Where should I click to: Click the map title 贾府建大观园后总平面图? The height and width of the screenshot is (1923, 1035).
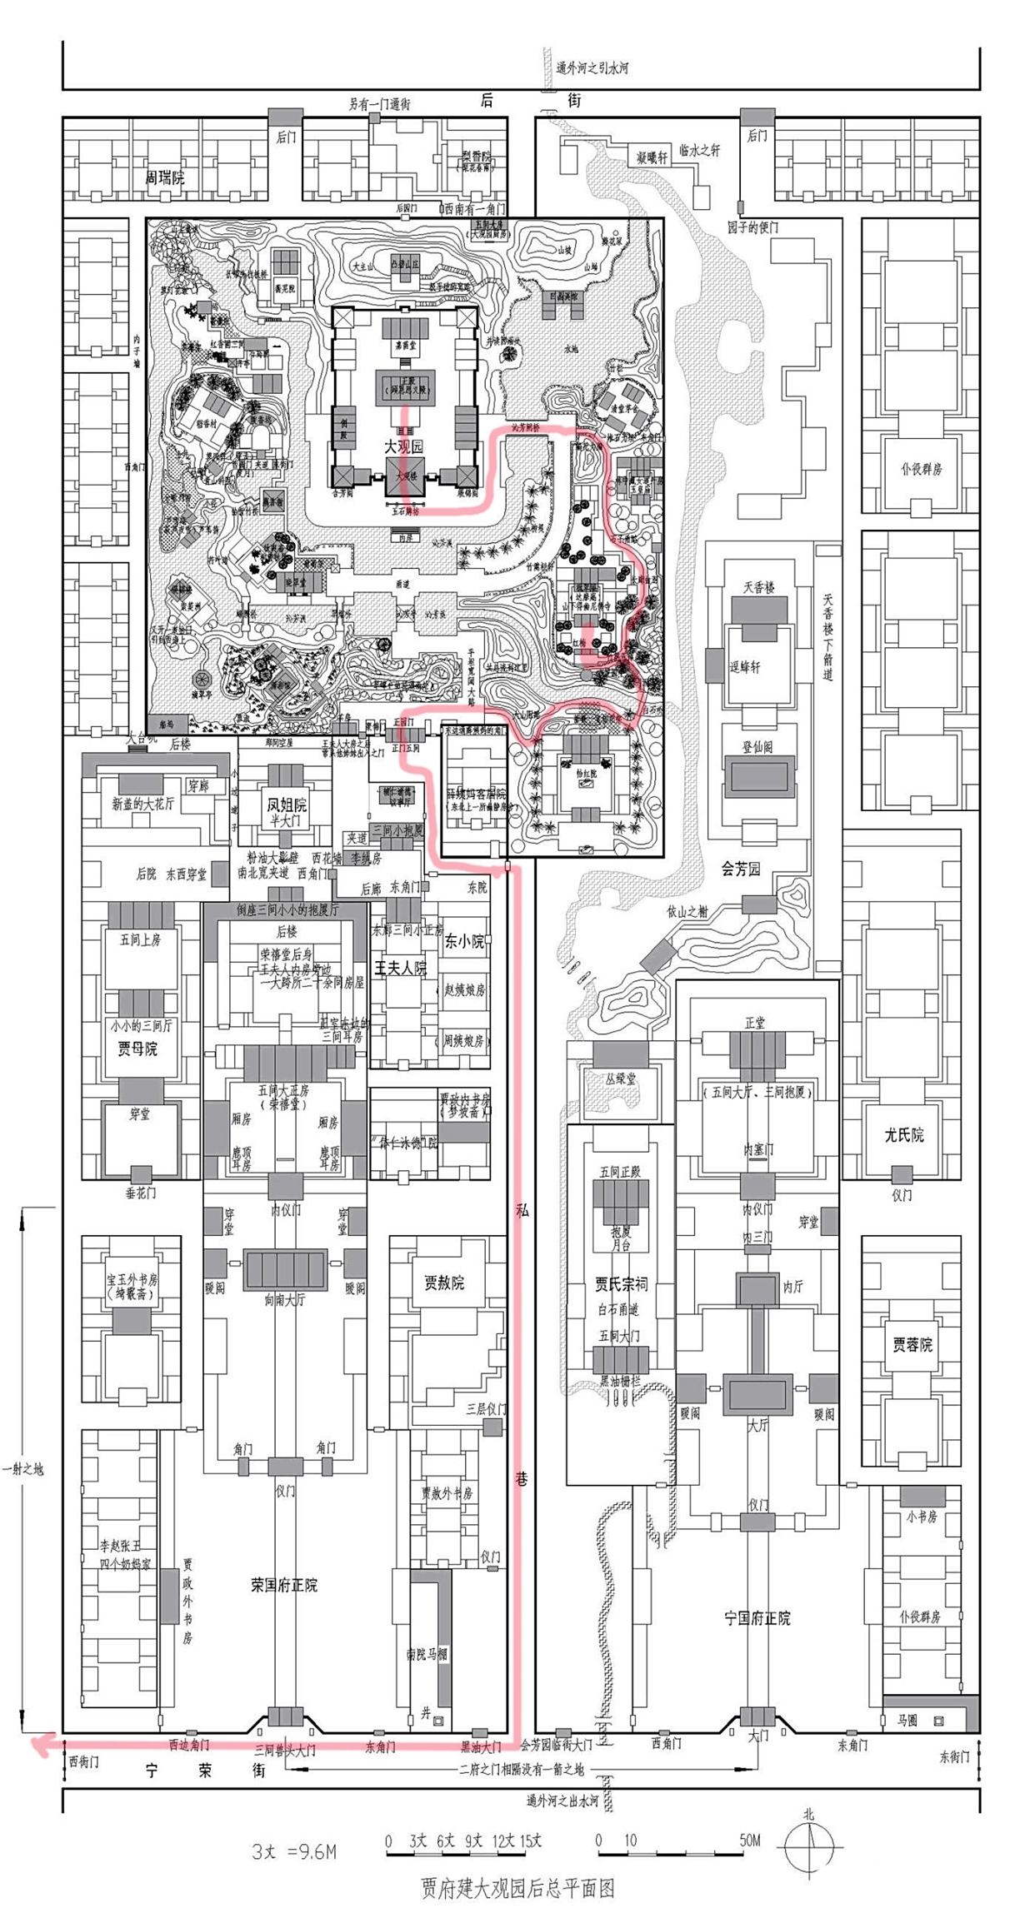pos(517,1887)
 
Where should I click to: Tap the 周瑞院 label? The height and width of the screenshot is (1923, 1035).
pos(164,177)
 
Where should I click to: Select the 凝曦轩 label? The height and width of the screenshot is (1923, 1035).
pos(652,157)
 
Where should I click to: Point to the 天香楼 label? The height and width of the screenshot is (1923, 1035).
pos(758,587)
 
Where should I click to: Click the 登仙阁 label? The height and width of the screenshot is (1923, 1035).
pos(757,747)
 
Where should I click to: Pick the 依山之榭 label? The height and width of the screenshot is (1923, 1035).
pos(687,911)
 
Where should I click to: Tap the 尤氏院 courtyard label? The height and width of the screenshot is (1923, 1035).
pos(904,1134)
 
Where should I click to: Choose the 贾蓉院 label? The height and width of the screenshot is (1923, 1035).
pos(912,1343)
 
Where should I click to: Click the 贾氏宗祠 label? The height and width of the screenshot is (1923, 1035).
pos(621,1283)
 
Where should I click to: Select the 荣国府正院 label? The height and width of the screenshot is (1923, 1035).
pos(284,1584)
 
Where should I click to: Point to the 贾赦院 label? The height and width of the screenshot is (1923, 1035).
pos(443,1283)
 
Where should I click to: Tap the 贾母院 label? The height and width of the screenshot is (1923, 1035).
pos(137,1049)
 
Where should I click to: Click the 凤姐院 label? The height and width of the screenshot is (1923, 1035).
pos(286,805)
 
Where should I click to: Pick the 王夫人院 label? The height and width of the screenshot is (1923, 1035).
pos(400,968)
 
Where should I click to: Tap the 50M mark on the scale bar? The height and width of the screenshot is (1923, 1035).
pos(749,1840)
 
